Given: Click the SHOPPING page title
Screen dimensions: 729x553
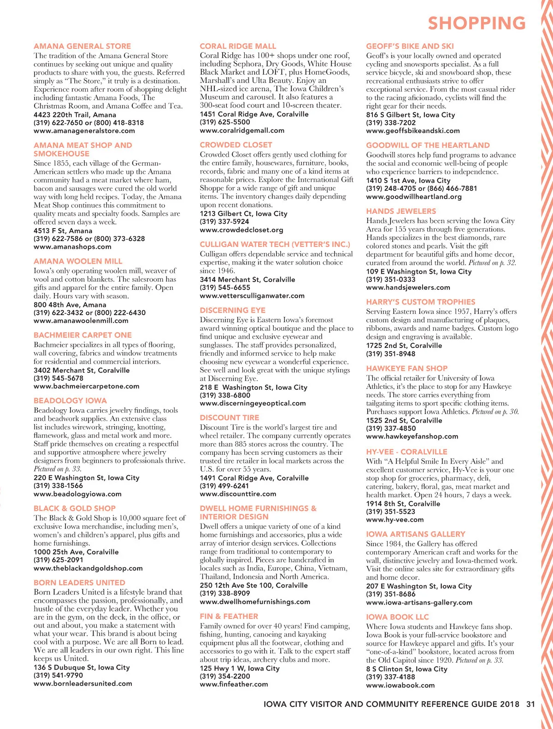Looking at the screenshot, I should tap(477, 23).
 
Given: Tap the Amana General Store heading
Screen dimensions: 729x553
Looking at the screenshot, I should tap(82, 46).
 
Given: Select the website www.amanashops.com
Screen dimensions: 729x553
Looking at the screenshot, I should tap(72, 247).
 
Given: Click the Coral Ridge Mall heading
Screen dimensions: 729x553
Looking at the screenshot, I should tap(238, 46).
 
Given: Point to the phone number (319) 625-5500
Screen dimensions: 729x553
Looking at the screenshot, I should tap(225, 122).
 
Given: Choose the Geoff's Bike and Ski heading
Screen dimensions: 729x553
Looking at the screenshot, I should tap(410, 46).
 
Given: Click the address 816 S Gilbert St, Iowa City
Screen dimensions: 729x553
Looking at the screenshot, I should tap(410, 115).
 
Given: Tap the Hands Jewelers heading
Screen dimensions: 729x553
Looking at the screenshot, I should tap(401, 211).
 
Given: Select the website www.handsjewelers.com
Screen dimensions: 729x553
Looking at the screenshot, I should tap(408, 287).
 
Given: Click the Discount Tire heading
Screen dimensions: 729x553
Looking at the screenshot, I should tap(229, 417).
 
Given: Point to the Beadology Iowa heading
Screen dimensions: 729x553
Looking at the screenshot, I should tap(70, 400).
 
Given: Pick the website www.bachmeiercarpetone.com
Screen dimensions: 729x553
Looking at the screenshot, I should tap(86, 386).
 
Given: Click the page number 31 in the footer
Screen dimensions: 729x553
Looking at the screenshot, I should tap(530, 704).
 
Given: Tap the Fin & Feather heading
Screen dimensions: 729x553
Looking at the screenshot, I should tap(229, 616).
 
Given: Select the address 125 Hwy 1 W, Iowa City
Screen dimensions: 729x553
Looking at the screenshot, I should tap(240, 668).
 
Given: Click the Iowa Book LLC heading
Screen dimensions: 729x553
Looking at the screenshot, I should tap(397, 617).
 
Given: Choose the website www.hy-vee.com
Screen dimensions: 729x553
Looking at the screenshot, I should tap(394, 519).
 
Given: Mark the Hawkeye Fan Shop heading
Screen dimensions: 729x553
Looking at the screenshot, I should tap(406, 368).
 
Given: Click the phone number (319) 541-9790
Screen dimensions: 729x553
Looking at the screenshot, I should tap(58, 675).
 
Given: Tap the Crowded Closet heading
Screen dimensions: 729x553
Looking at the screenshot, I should tap(236, 145).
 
